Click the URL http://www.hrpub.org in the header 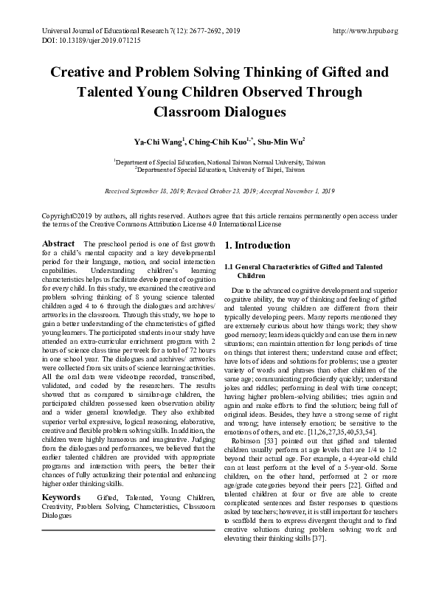(365, 31)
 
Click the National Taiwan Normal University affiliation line (220, 160)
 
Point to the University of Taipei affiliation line (220, 168)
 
